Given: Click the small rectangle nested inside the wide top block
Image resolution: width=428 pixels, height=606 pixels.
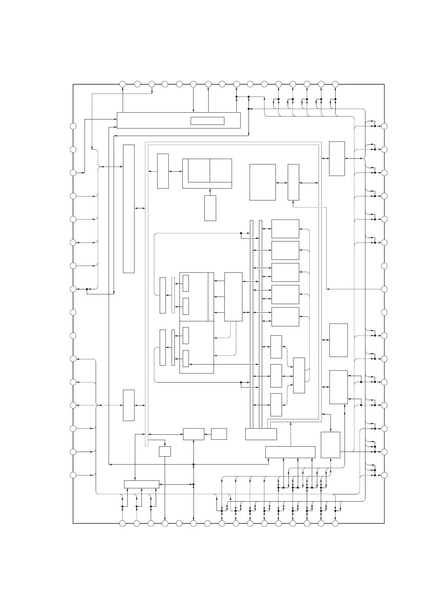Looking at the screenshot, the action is click(x=207, y=121).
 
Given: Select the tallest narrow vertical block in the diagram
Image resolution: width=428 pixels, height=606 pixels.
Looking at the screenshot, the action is click(x=129, y=209).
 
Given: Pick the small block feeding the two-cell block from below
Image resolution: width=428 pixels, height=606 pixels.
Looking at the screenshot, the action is click(x=210, y=208).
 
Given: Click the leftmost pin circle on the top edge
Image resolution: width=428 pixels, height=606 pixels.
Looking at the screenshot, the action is click(x=123, y=84).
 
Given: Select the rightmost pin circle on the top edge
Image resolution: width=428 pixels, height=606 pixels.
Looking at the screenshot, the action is click(x=335, y=84).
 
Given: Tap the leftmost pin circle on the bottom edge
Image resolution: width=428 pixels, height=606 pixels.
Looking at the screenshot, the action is click(x=123, y=523).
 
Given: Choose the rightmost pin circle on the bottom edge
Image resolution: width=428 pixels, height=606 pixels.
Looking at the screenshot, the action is click(x=335, y=523).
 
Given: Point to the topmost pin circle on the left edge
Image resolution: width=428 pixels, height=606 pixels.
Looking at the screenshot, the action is click(x=73, y=126).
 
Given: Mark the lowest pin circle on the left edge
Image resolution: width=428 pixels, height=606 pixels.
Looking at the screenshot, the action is click(x=73, y=475).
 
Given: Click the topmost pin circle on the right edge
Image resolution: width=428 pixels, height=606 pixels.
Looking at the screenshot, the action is click(x=384, y=126).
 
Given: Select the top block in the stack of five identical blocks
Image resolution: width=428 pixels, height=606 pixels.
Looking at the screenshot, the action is click(x=285, y=229).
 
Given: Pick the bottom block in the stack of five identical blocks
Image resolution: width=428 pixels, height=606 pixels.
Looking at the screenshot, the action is click(x=285, y=317).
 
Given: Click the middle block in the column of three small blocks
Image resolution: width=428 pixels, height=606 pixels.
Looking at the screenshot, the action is click(x=276, y=376).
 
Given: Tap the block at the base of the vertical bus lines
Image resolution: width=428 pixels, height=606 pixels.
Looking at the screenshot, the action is click(x=261, y=434).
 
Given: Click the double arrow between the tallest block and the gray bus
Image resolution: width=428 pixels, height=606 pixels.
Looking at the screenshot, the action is click(x=140, y=208).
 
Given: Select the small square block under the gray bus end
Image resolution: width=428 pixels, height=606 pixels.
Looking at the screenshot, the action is click(x=165, y=451).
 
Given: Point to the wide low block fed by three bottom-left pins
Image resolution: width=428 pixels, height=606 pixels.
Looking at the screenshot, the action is click(x=142, y=484).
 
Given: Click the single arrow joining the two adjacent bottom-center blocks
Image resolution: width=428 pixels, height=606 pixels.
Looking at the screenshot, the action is click(x=208, y=434).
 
